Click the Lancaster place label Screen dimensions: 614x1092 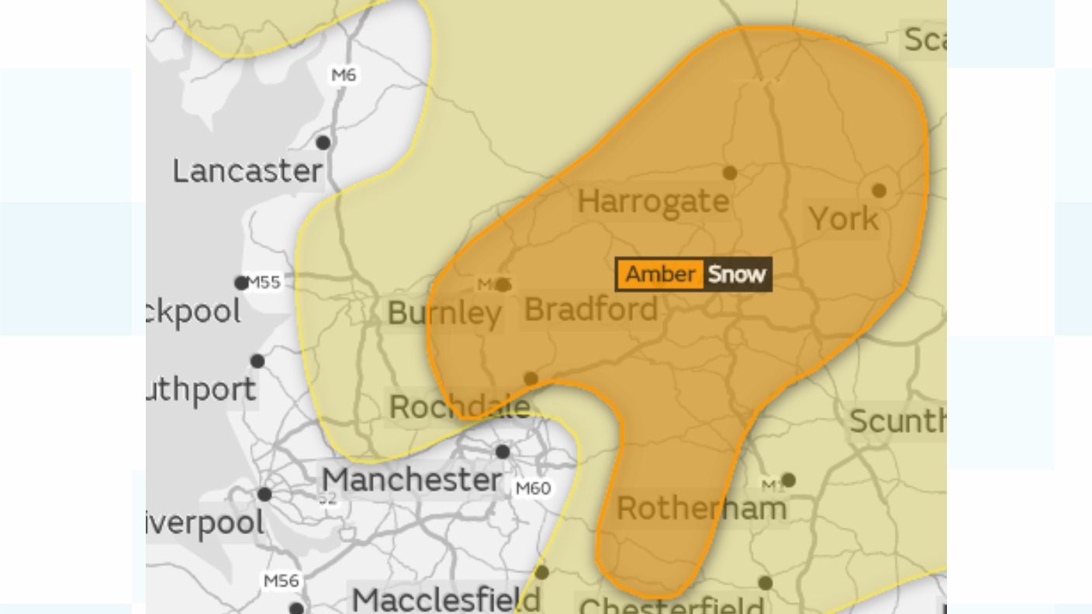[247, 171]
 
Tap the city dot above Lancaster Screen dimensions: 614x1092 [323, 143]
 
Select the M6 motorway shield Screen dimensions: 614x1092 [343, 75]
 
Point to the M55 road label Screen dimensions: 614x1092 [264, 282]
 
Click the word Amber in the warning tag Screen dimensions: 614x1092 [660, 274]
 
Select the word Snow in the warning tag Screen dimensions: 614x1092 [737, 274]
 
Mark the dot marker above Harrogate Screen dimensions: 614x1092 [730, 173]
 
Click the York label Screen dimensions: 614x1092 [844, 219]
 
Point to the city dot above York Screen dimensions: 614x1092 [879, 191]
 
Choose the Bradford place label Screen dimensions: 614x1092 [591, 310]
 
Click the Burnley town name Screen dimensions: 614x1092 [444, 313]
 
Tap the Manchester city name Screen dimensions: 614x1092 [412, 480]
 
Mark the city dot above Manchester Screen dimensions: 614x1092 [503, 452]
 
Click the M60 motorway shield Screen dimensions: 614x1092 [533, 488]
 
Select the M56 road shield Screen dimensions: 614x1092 [281, 581]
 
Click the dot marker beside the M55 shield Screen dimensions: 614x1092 [242, 283]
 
